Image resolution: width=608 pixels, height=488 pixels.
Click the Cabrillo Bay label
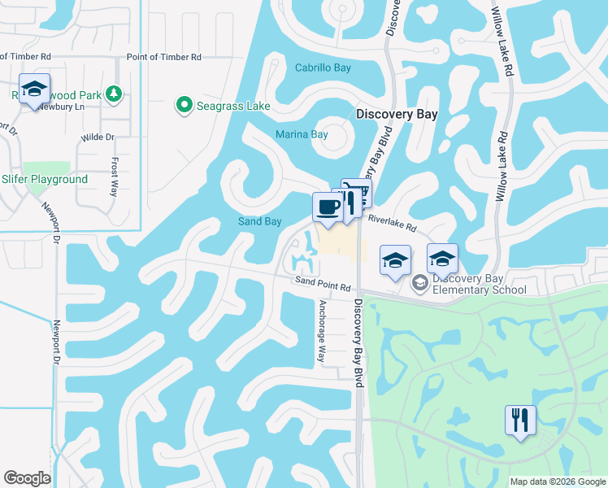[x=323, y=68]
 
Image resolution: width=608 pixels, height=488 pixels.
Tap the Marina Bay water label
[x=302, y=135]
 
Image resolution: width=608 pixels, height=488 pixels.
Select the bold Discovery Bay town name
[x=397, y=115]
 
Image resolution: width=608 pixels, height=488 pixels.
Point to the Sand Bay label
[x=259, y=221]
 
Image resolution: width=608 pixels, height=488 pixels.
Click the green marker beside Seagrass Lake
[x=184, y=106]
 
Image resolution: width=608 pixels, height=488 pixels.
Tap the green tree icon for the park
[x=114, y=95]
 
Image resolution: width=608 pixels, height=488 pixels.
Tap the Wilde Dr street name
[x=98, y=137]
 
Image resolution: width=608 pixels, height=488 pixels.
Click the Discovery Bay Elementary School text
[x=479, y=284]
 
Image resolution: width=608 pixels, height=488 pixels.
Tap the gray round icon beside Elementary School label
[x=420, y=283]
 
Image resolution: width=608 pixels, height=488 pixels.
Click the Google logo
[x=27, y=478]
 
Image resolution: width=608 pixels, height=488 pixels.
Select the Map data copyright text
[x=558, y=481]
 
